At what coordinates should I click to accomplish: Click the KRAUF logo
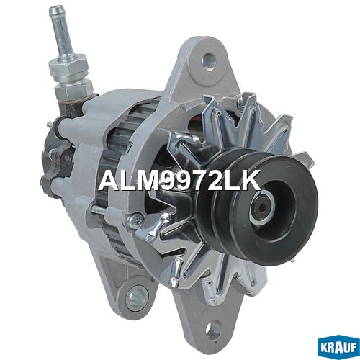pos(338,348)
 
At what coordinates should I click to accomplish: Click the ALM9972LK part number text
pos(179,181)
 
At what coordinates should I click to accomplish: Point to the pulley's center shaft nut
pos(263,208)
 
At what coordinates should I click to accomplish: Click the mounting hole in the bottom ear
pos(213,329)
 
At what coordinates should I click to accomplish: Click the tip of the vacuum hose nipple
pos(55,10)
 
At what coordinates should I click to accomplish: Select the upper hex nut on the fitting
pos(68,68)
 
